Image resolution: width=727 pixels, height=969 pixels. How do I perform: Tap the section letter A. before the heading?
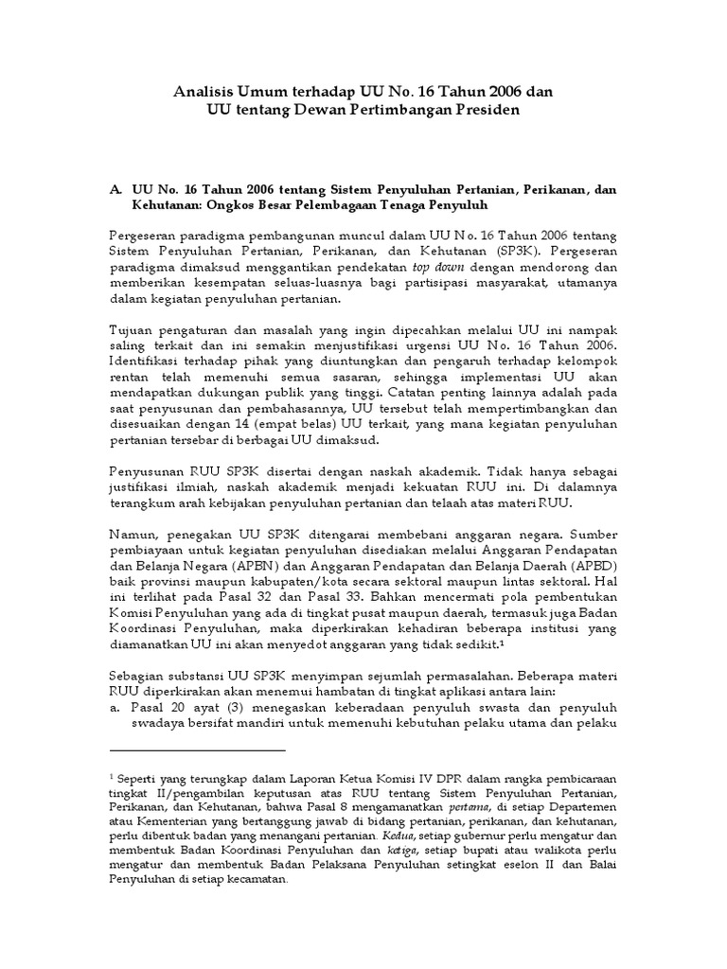[x=117, y=189]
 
